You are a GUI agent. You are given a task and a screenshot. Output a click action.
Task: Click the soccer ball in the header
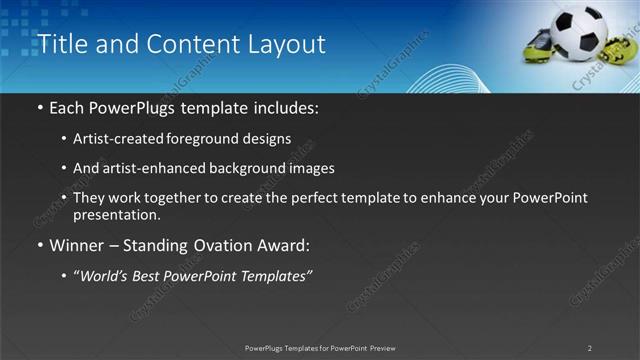click(x=577, y=35)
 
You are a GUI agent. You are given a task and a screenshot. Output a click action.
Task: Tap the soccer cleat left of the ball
click(x=538, y=45)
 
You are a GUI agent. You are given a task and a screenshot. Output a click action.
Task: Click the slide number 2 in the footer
click(x=590, y=348)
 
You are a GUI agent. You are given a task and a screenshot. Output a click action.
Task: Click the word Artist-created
click(x=111, y=139)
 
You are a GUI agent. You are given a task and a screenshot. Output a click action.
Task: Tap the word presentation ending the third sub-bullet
click(x=117, y=214)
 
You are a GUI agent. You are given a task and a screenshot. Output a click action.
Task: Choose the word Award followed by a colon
click(x=285, y=245)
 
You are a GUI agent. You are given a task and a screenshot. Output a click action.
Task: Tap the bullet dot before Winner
click(x=39, y=245)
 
